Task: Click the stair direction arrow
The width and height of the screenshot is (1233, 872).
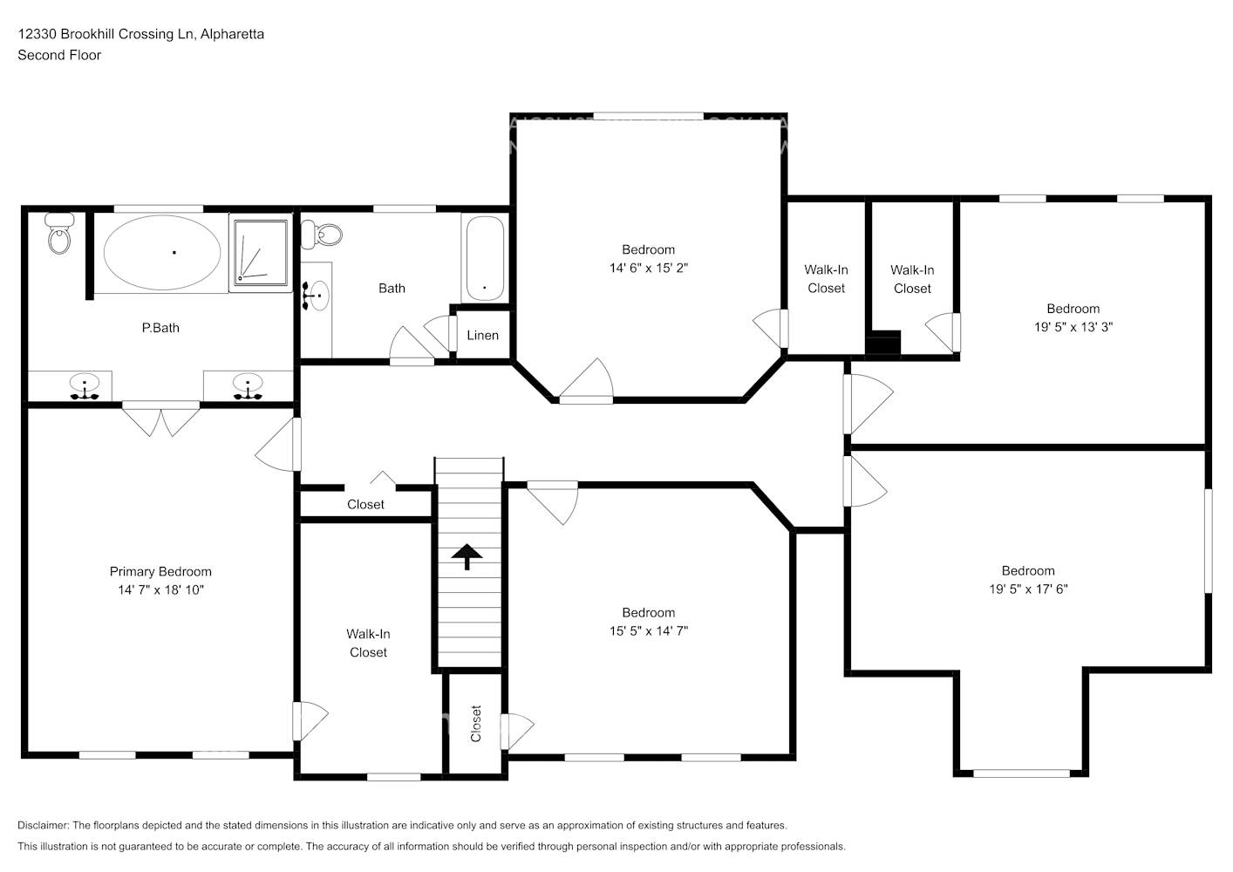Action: [x=467, y=556]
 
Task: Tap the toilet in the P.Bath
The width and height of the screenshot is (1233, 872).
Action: [x=59, y=234]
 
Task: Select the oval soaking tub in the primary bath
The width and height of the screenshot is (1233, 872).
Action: [x=162, y=252]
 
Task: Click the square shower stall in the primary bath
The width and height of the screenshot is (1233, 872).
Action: [x=261, y=253]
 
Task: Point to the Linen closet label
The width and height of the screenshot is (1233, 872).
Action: [x=482, y=336]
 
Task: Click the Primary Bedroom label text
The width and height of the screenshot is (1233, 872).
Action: [x=160, y=572]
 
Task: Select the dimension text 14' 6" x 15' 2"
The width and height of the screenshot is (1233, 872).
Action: [x=648, y=269]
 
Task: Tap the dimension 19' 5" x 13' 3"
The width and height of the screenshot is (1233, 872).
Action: [x=1073, y=327]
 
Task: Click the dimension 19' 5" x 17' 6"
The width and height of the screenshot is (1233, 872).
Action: [x=1027, y=589]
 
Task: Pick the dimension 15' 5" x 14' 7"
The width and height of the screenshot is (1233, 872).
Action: [x=648, y=631]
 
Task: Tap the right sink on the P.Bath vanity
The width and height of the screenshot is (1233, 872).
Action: [x=249, y=385]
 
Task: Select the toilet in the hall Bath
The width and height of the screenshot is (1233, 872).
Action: [x=324, y=233]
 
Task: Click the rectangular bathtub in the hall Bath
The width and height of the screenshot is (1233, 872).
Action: [x=484, y=259]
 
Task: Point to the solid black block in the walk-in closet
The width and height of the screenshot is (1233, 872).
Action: [x=882, y=344]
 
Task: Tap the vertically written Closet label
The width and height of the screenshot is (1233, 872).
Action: [x=475, y=724]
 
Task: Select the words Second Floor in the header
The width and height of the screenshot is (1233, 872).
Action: [x=59, y=55]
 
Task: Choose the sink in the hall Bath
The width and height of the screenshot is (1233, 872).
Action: [x=317, y=296]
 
